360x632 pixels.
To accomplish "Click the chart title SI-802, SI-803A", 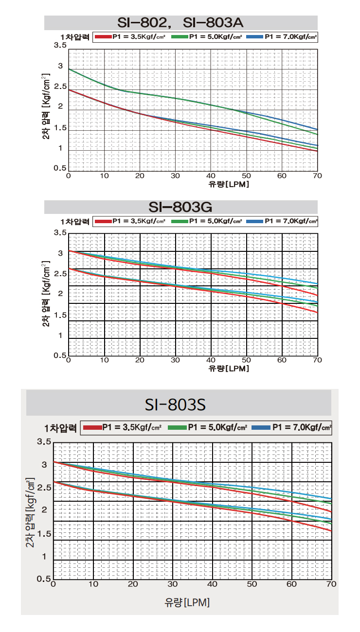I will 180,23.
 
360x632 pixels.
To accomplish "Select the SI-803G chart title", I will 180,207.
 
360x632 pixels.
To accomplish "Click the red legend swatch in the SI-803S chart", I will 92,427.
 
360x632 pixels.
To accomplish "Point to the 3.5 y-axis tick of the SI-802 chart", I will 60,45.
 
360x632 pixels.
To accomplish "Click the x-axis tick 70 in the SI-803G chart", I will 317,360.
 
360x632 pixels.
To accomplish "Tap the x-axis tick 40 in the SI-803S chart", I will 213,584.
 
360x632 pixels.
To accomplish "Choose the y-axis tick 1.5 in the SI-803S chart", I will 43,534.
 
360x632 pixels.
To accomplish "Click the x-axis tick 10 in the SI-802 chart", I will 104,176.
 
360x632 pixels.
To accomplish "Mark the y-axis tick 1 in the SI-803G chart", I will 60,335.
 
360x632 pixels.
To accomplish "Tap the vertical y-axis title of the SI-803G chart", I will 46,294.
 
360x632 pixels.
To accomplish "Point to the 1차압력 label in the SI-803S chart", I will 60,428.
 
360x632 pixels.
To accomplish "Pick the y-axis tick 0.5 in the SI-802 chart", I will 60,168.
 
